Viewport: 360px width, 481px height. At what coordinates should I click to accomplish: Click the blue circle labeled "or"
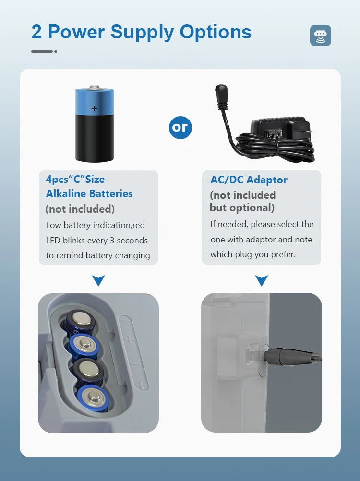coord(180,127)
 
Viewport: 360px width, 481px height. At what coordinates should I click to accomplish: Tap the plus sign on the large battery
coord(95,108)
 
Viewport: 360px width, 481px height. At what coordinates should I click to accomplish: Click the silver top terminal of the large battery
coord(95,88)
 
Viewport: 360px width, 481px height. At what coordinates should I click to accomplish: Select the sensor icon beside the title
coord(321,36)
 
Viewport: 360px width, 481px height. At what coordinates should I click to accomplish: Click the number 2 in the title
coord(36,32)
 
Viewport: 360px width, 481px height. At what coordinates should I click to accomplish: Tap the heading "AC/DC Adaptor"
coord(249,180)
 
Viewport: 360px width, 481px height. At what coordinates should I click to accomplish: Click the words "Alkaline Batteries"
coord(89,194)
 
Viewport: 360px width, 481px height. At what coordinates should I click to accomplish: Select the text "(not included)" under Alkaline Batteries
coord(80,209)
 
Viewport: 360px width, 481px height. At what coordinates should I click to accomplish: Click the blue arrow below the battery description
coord(98,280)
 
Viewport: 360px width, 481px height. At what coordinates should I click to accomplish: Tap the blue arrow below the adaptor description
coord(262,280)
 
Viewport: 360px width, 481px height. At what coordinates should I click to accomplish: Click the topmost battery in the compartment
coord(81,321)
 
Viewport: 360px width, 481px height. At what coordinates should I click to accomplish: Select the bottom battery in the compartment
coord(93,398)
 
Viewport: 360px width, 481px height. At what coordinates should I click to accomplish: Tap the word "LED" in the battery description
coord(53,240)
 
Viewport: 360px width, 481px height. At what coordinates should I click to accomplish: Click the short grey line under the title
coord(42,51)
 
